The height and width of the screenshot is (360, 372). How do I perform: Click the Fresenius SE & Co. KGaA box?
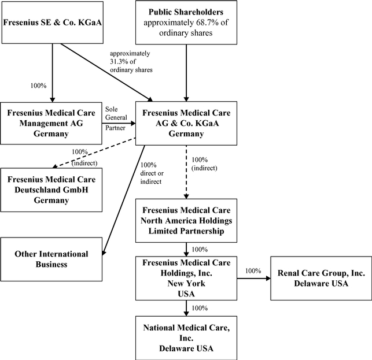pos(53,22)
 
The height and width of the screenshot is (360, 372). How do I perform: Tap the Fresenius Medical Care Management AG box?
pos(53,123)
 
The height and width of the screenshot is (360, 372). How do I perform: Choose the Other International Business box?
pos(53,259)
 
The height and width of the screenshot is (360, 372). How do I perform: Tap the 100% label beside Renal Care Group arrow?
pos(253,270)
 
